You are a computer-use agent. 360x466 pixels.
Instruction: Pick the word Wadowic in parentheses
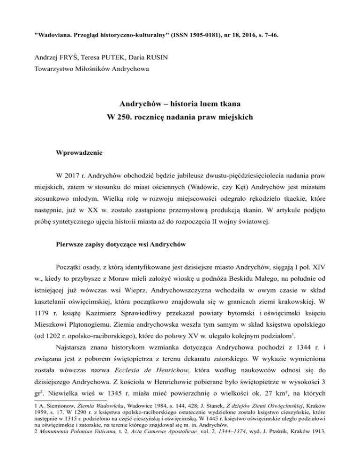click(215, 205)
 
